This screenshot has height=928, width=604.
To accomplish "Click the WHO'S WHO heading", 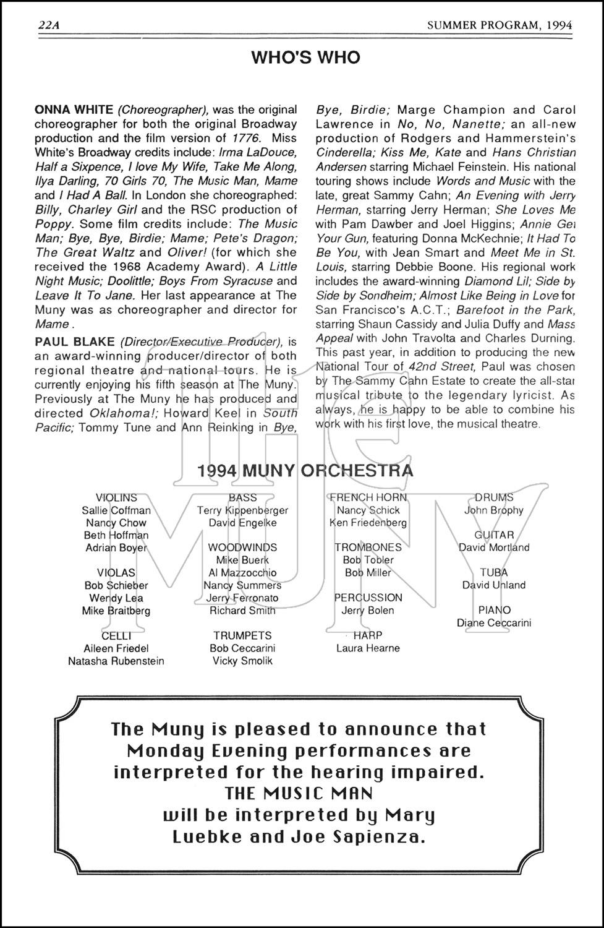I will [305, 58].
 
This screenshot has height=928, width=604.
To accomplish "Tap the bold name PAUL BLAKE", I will [75, 342].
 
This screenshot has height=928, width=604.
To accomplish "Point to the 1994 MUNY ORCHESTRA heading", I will [305, 471].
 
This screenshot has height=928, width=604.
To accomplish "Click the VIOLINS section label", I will [116, 497].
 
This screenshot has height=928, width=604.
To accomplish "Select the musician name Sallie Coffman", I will [116, 510].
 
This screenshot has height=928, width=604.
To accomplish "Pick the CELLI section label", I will [116, 635].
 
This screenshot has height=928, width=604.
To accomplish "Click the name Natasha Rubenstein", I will [116, 661].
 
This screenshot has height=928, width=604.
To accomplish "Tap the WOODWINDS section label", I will [242, 548].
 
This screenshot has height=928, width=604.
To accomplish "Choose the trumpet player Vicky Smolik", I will [242, 661].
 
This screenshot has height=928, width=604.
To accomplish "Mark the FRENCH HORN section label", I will [368, 497].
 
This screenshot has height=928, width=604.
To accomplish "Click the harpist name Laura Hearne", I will [368, 648].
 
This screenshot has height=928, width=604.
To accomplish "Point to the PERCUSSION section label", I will [368, 598].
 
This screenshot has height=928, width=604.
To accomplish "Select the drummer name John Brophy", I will [494, 510].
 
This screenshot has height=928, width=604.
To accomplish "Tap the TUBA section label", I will [494, 573].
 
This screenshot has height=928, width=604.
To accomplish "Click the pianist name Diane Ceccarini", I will [494, 623].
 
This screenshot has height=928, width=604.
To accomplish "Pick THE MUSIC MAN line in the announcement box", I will [299, 793].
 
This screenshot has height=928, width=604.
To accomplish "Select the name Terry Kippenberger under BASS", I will [242, 510].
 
